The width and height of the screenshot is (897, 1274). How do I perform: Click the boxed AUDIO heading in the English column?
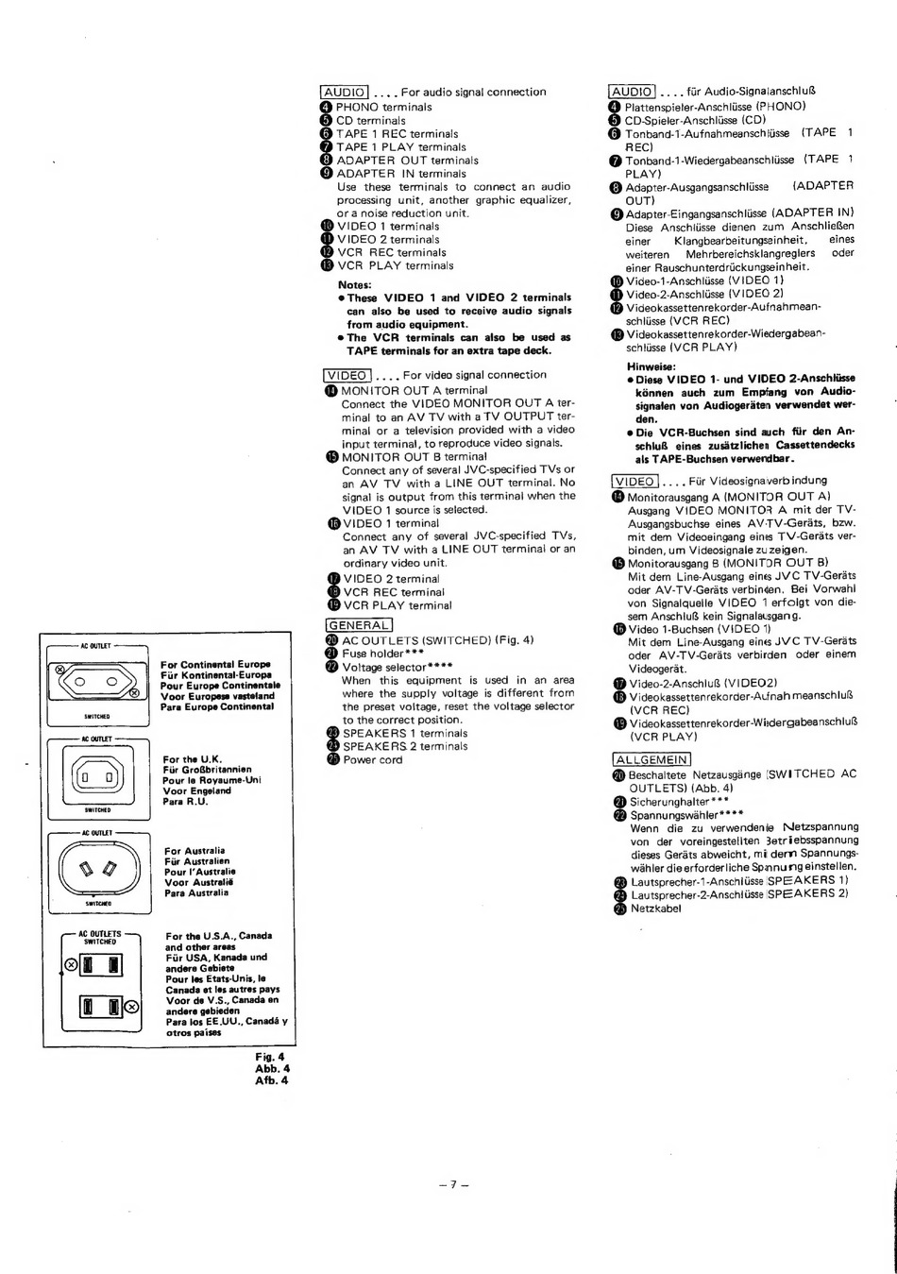[x=344, y=92]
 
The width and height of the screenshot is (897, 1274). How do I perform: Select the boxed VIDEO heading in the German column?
[x=635, y=481]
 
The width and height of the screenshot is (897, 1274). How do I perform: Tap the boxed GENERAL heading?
[x=358, y=624]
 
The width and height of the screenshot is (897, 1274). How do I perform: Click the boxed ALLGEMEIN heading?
[x=652, y=759]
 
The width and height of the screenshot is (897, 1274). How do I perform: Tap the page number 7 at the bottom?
[x=453, y=1184]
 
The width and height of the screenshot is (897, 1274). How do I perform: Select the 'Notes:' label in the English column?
[x=355, y=284]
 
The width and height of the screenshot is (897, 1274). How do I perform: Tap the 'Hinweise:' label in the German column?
[x=651, y=366]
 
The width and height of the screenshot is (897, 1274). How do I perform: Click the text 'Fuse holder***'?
[x=382, y=653]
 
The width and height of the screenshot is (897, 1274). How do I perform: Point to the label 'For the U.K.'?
[x=192, y=759]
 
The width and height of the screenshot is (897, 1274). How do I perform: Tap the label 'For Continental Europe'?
[x=215, y=664]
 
